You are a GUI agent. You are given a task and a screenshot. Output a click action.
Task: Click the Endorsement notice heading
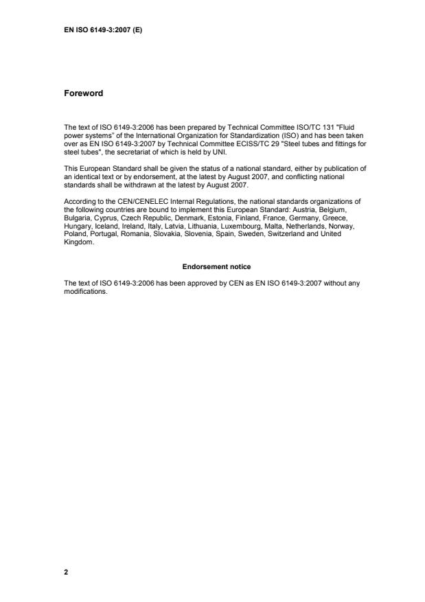[x=211, y=266]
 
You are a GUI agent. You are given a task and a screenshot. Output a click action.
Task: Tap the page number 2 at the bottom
[x=66, y=571]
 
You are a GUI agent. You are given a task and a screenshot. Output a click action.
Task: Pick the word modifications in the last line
[x=85, y=288]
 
